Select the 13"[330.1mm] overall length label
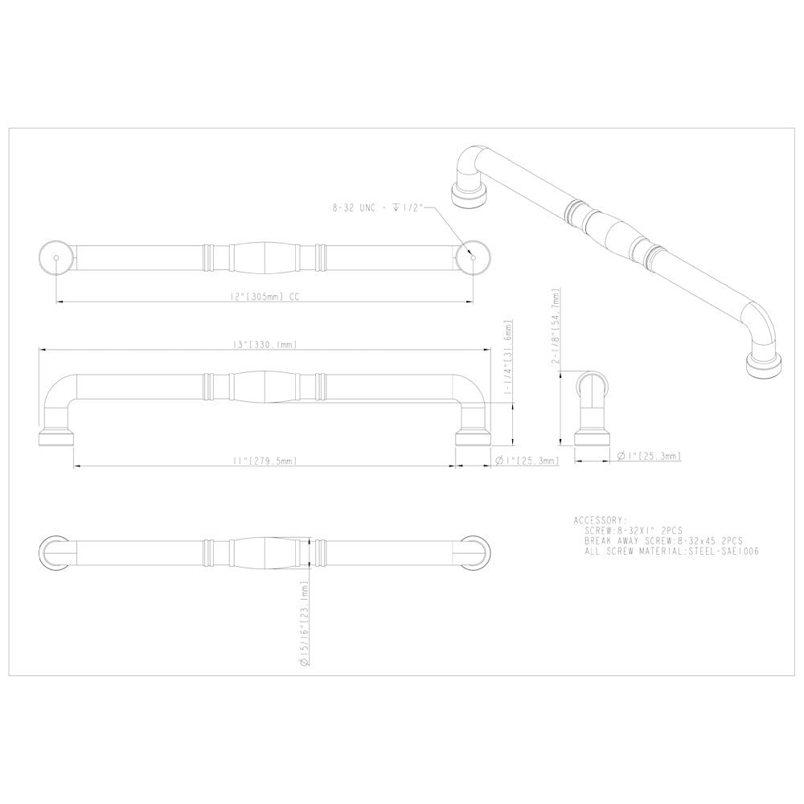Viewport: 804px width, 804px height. tap(264, 344)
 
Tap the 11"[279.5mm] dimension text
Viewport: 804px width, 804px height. tap(264, 461)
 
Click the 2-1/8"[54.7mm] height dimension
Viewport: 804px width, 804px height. tap(556, 326)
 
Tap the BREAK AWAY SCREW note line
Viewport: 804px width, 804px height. tap(664, 542)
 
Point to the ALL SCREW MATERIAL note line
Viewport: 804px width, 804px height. tap(672, 552)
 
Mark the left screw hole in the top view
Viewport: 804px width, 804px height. tap(55, 257)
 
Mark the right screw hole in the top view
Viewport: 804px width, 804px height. tap(473, 257)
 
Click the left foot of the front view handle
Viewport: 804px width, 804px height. tap(56, 437)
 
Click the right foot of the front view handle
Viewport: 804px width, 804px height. tap(473, 437)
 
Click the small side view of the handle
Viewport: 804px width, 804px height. tap(593, 409)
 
